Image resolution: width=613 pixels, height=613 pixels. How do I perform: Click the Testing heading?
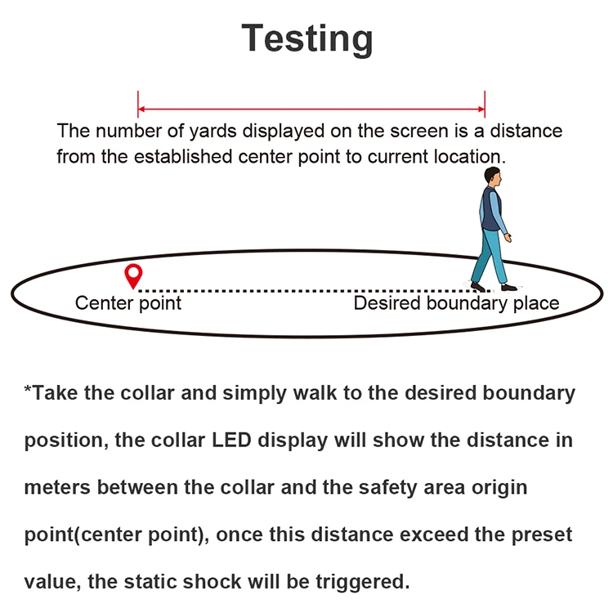(x=307, y=38)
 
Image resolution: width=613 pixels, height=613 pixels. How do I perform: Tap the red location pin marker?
(x=132, y=275)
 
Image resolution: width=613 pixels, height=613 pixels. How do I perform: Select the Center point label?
(x=128, y=303)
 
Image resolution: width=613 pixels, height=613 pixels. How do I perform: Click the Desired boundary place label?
(x=456, y=303)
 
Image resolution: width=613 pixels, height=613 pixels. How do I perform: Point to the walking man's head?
(x=491, y=176)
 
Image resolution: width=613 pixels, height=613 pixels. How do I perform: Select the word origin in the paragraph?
(x=498, y=488)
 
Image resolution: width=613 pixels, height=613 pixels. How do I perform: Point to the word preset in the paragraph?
(x=541, y=535)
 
